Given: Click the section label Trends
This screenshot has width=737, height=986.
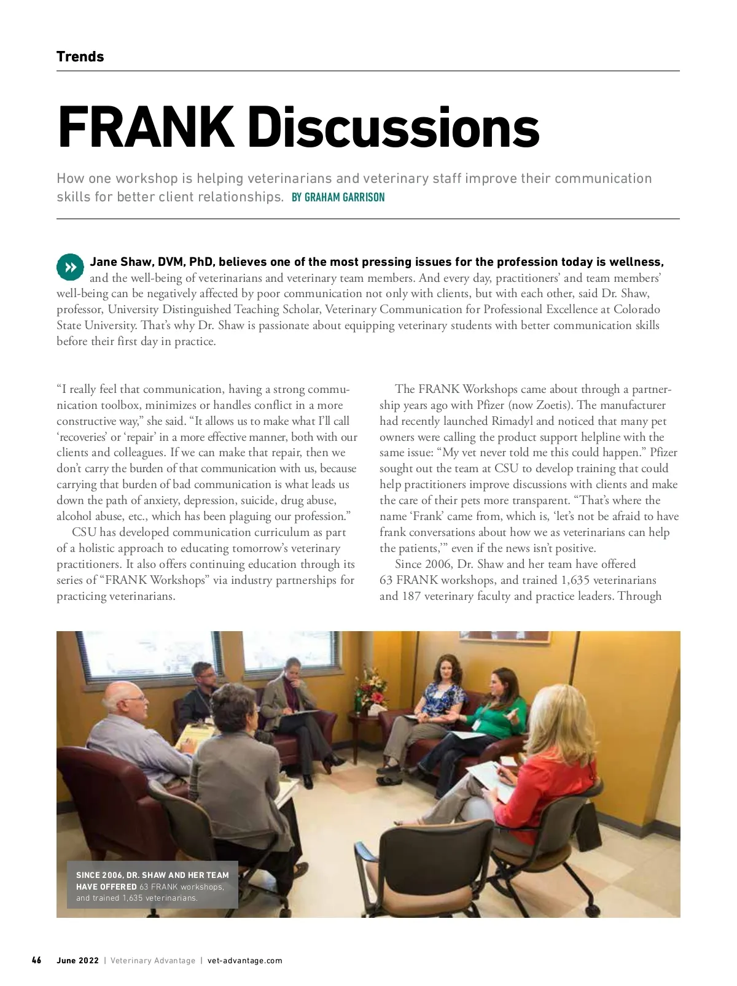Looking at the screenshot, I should click(80, 56).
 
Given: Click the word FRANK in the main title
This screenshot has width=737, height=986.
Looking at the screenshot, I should click(146, 128).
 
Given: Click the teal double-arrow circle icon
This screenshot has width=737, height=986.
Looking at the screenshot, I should click(70, 267).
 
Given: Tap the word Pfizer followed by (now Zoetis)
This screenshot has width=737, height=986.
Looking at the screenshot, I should click(493, 405).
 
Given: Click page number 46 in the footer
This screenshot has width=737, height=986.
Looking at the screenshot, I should click(37, 960).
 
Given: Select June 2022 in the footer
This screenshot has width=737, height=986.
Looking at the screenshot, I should click(77, 961).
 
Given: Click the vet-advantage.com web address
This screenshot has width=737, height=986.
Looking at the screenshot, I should click(245, 961).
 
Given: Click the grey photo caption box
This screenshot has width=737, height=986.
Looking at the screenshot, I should click(152, 886).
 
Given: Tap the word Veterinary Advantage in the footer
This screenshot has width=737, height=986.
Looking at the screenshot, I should click(153, 961).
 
